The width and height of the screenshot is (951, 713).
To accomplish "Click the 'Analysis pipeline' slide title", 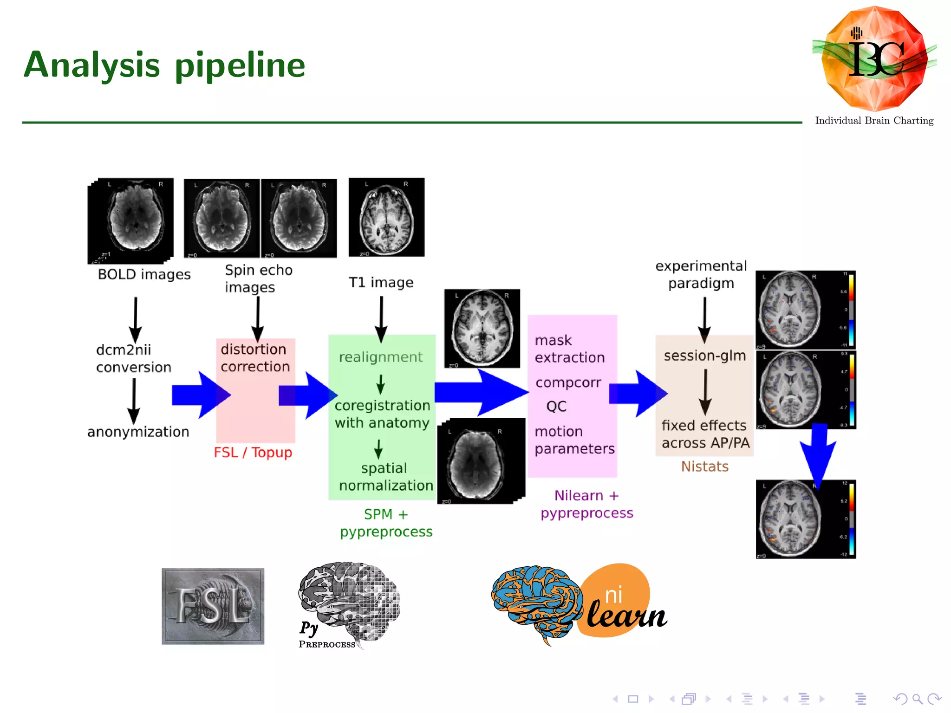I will [x=164, y=65].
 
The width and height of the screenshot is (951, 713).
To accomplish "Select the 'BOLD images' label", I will [x=144, y=274].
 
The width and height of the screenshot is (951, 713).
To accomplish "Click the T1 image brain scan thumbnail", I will [x=386, y=217].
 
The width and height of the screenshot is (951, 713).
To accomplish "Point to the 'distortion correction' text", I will [x=254, y=358].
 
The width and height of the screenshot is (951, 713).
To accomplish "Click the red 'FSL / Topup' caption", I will [x=253, y=452].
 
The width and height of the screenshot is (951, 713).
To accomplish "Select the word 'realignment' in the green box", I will [x=380, y=357].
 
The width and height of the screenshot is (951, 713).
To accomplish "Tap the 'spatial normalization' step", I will [x=385, y=477].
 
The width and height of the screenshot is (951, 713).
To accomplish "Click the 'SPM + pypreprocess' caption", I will [x=386, y=523].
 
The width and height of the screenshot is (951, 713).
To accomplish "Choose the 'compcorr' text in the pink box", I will [x=568, y=382].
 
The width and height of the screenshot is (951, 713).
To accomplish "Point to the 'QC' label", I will [x=556, y=406].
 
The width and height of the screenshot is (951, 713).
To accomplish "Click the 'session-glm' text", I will [x=704, y=356].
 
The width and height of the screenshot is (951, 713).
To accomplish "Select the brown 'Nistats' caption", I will [x=704, y=466].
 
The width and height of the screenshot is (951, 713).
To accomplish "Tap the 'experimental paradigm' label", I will [x=701, y=274].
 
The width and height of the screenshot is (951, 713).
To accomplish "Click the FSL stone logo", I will [x=213, y=606].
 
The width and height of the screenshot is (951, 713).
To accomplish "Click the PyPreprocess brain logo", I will [x=348, y=603].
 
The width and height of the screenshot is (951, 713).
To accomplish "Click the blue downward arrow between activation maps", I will [x=818, y=455].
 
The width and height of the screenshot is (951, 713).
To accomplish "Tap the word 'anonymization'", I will [x=138, y=432].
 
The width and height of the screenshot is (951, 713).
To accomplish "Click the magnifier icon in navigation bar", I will [x=917, y=699].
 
